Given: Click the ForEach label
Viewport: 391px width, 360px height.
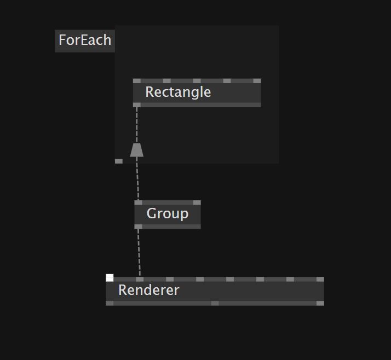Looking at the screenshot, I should tap(85, 40).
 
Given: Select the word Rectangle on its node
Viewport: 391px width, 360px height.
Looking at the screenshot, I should tap(178, 92).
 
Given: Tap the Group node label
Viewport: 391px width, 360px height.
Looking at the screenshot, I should tap(167, 213).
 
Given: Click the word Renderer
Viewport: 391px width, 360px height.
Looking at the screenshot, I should tap(148, 290).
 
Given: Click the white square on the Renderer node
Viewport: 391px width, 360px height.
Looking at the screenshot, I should tap(110, 278).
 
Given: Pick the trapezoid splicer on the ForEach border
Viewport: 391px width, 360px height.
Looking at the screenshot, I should tap(136, 150).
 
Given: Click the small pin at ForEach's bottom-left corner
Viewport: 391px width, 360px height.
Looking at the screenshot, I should tap(119, 161).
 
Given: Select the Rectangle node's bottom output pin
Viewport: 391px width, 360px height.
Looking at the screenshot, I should tap(137, 104).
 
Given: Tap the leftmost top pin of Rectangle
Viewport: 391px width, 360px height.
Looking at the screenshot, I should tap(137, 81).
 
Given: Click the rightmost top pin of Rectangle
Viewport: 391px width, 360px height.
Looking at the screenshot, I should tap(257, 81).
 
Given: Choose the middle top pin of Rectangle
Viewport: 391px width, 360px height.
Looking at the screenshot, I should tap(197, 81).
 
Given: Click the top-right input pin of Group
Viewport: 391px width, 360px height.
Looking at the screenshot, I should tap(197, 203).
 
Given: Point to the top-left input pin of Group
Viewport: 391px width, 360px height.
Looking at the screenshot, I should tap(139, 203).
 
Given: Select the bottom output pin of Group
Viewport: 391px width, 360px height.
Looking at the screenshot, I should tap(139, 227).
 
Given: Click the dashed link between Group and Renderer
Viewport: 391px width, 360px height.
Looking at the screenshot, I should tap(139, 252).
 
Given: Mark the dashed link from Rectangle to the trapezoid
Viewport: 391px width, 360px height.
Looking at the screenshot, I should tap(137, 125).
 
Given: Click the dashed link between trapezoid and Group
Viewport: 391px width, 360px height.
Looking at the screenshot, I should tap(137, 178).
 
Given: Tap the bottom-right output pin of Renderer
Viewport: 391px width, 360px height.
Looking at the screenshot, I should tap(320, 303).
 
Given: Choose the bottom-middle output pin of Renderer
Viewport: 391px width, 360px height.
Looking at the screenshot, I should tap(215, 303).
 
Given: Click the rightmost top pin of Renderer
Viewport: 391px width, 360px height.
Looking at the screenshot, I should tap(320, 280).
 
